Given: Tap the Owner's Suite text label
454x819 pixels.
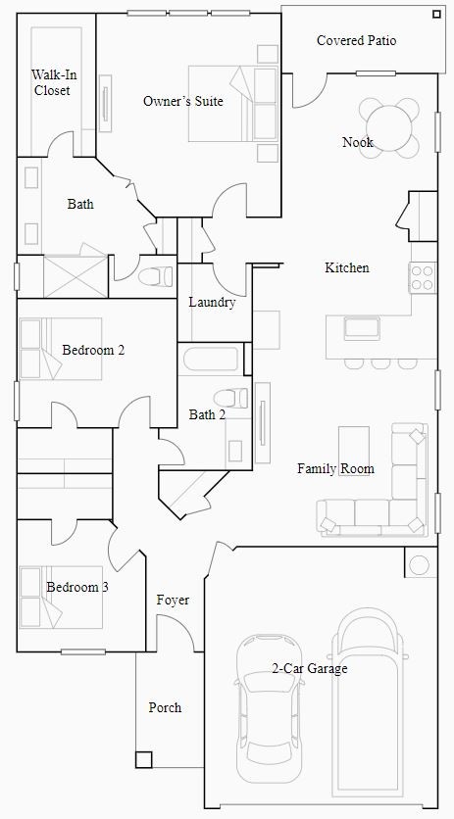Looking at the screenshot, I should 183,101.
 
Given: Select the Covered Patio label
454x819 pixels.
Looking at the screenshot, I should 356,40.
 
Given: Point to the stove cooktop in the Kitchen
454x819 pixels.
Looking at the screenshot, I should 423,277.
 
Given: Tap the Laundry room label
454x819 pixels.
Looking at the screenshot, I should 212,303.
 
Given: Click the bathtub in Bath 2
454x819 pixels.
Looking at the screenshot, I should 208,358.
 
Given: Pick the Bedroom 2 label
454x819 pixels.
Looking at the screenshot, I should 93,350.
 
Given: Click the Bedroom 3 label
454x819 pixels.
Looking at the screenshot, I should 77,587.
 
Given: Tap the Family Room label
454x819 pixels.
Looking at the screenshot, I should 336,469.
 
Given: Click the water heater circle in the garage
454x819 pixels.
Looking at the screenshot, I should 420,565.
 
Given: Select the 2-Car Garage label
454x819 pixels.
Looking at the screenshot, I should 310,669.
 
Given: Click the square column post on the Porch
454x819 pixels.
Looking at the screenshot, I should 144,759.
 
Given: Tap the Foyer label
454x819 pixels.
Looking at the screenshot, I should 173,600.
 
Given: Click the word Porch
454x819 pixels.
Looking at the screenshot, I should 165,707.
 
